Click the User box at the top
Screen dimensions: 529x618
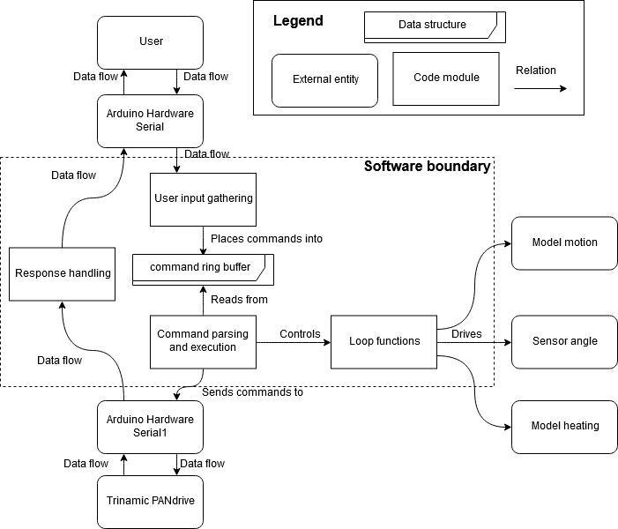(x=151, y=41)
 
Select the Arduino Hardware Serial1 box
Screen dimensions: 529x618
(x=151, y=427)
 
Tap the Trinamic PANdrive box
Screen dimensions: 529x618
(x=151, y=502)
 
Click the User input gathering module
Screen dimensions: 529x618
(x=203, y=197)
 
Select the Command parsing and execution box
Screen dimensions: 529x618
(x=203, y=340)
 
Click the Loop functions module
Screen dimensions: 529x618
(x=384, y=341)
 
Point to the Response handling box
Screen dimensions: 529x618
(x=63, y=273)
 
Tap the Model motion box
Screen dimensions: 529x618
(x=564, y=242)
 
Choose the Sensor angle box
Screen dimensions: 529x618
(x=564, y=341)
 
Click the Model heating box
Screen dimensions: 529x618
(x=564, y=426)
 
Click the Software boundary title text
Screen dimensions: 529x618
(x=427, y=166)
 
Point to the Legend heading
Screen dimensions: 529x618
(x=298, y=21)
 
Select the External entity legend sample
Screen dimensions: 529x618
(x=324, y=79)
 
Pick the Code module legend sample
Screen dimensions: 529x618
(x=446, y=78)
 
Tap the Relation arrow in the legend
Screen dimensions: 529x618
(x=541, y=87)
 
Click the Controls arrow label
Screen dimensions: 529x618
(x=300, y=333)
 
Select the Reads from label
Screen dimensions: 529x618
(x=239, y=300)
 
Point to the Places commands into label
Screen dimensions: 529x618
(x=266, y=239)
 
